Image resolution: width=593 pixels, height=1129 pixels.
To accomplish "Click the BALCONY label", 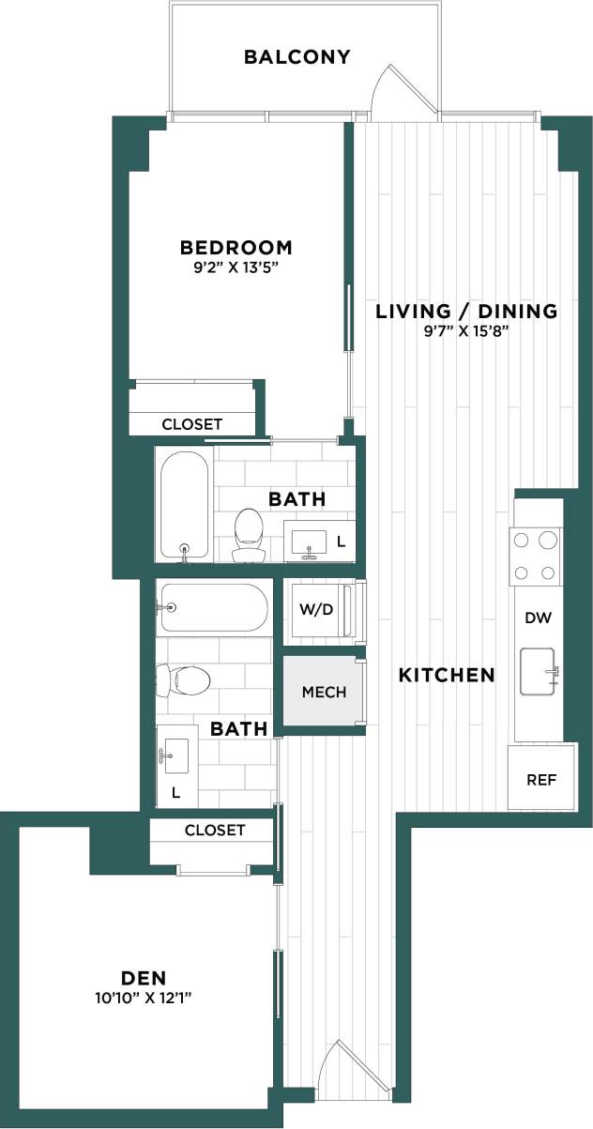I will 297,57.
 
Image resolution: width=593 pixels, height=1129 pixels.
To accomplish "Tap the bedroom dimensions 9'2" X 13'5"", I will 236,267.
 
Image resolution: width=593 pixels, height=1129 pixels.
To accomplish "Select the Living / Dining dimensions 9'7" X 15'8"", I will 467,330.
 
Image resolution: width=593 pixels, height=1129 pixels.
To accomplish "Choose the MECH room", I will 324,692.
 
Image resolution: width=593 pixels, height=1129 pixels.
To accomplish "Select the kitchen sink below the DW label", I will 539,671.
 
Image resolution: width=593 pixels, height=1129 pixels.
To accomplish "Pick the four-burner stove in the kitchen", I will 536,557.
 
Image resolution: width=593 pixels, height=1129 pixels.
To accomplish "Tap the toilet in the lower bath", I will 182,678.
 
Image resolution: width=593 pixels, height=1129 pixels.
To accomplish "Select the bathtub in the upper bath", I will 184,507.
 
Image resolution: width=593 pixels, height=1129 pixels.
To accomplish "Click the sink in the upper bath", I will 309,542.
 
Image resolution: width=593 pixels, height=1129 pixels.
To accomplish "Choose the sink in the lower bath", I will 175,753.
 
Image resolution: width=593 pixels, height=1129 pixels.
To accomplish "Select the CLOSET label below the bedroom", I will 192,424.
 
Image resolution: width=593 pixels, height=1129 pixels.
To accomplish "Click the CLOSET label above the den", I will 215,831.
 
